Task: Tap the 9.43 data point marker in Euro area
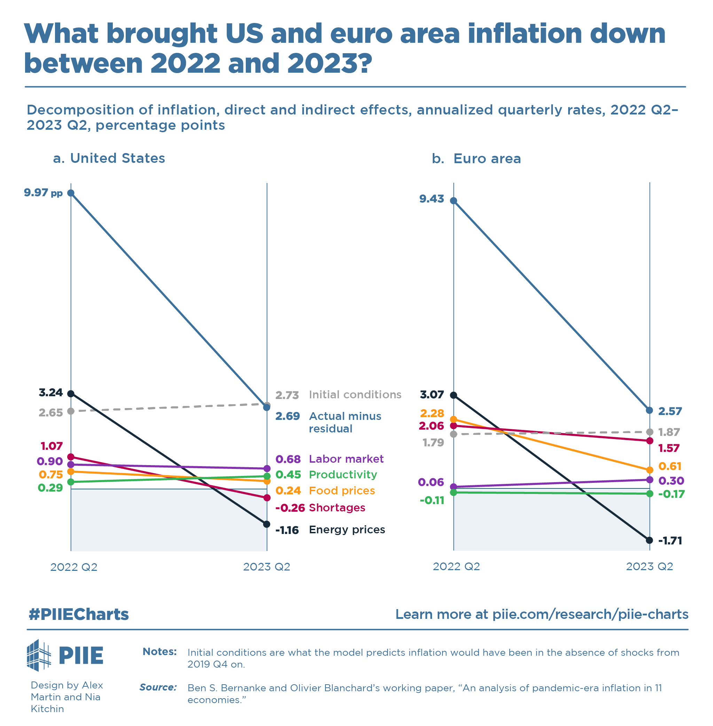[x=454, y=201]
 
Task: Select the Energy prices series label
[x=347, y=529]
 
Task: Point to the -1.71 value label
[x=670, y=541]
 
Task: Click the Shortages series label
[x=337, y=508]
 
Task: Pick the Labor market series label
[x=346, y=459]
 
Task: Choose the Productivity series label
[x=343, y=474]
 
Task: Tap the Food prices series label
[x=342, y=490]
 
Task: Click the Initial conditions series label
[x=355, y=394]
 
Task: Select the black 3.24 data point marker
[x=71, y=393]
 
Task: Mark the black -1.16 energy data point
[x=267, y=524]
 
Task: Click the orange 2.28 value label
[x=432, y=413]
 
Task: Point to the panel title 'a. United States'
[x=109, y=158]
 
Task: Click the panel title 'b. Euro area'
[x=476, y=159]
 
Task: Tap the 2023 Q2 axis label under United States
[x=267, y=567]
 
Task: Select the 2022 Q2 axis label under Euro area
[x=456, y=566]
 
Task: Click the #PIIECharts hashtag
[x=79, y=614]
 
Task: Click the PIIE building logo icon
[x=39, y=655]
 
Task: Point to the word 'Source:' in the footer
[x=158, y=687]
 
